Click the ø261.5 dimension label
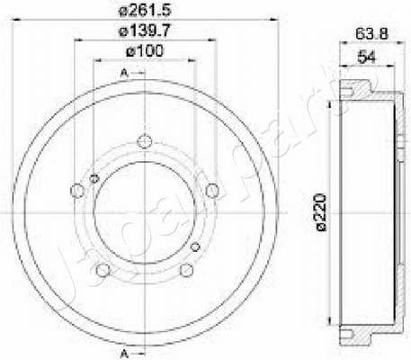(145, 10)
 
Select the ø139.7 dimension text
(145, 31)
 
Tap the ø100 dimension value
(145, 50)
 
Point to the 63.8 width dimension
(371, 33)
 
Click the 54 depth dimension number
(367, 57)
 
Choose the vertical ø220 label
(321, 212)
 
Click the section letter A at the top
(124, 73)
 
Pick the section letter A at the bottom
(125, 354)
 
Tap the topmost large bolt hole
(145, 141)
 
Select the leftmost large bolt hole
(77, 191)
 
